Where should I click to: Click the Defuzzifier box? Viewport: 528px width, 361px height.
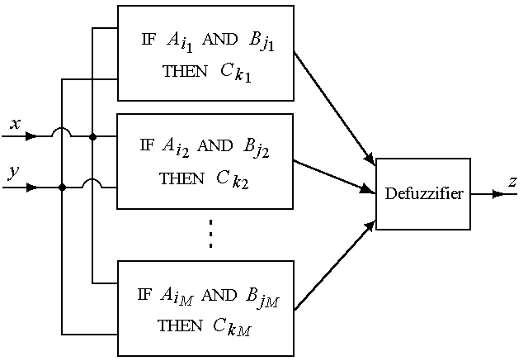pos(423,194)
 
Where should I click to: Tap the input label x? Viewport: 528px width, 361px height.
pos(15,124)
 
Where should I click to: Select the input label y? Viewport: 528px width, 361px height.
pos(13,173)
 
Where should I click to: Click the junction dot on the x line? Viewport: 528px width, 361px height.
pos(92,137)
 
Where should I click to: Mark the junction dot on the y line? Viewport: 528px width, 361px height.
pos(63,188)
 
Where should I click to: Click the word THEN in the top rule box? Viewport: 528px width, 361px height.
pos(186,72)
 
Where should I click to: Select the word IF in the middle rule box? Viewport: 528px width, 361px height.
pos(147,146)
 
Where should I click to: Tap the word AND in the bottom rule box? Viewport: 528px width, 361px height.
pos(218,295)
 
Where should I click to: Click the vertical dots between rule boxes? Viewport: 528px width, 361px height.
pos(211,235)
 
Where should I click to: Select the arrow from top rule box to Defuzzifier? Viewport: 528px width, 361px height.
pos(334,106)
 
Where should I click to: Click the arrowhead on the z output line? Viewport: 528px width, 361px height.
pos(497,195)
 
